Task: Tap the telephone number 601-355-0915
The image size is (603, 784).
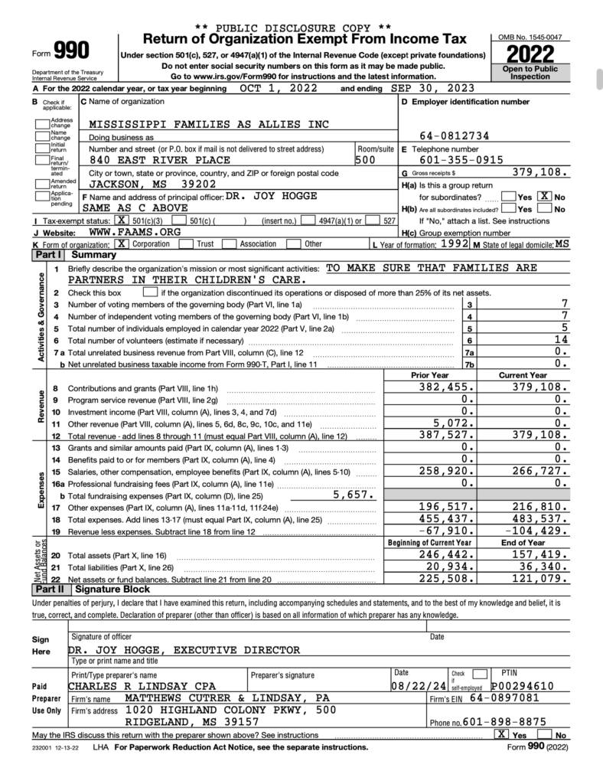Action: (461, 160)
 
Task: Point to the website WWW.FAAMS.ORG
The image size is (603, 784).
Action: (135, 231)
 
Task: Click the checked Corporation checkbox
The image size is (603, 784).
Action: (120, 243)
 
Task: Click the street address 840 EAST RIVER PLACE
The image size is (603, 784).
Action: (160, 161)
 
